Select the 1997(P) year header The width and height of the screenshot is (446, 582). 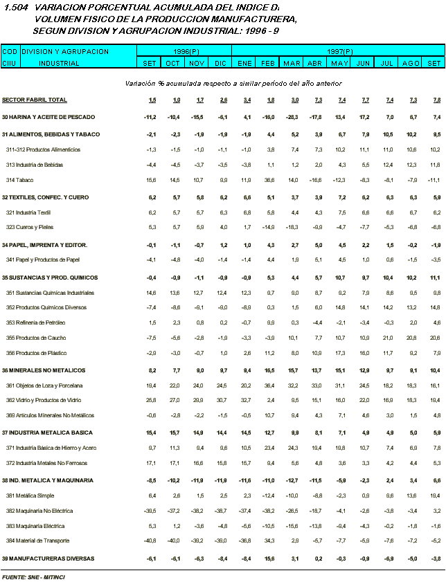(x=338, y=51)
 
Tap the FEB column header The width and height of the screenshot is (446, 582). (x=267, y=63)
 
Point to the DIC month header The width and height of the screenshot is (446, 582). (x=220, y=63)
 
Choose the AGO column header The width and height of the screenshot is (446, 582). (x=411, y=63)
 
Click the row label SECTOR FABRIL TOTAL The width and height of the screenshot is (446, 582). (x=35, y=100)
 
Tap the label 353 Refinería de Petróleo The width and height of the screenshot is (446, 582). (x=36, y=322)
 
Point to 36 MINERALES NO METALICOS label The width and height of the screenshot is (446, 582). (x=44, y=370)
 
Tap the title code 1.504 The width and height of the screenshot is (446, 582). (x=15, y=8)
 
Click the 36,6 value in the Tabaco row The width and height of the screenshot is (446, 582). (x=269, y=180)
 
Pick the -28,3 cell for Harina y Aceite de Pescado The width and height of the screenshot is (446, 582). (x=291, y=117)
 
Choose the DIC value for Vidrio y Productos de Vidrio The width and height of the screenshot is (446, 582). (x=222, y=400)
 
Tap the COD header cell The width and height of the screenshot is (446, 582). (x=10, y=51)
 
